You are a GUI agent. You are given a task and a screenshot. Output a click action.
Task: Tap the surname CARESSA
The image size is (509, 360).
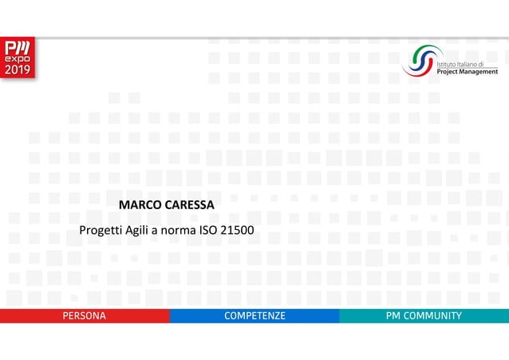click(189, 205)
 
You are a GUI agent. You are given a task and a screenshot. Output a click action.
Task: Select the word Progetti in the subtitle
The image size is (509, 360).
click(101, 231)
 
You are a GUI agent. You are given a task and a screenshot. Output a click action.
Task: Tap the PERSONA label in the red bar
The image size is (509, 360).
click(85, 316)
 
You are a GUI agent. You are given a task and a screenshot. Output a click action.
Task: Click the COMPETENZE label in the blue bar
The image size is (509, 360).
click(254, 316)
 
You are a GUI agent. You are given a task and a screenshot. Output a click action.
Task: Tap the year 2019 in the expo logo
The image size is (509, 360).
click(17, 70)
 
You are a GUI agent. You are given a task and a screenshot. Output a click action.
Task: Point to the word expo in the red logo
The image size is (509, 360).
click(17, 59)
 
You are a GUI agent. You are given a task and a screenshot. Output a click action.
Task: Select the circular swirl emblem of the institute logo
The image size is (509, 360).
click(420, 60)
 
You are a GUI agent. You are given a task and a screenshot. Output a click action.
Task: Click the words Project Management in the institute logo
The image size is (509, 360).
click(468, 71)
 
